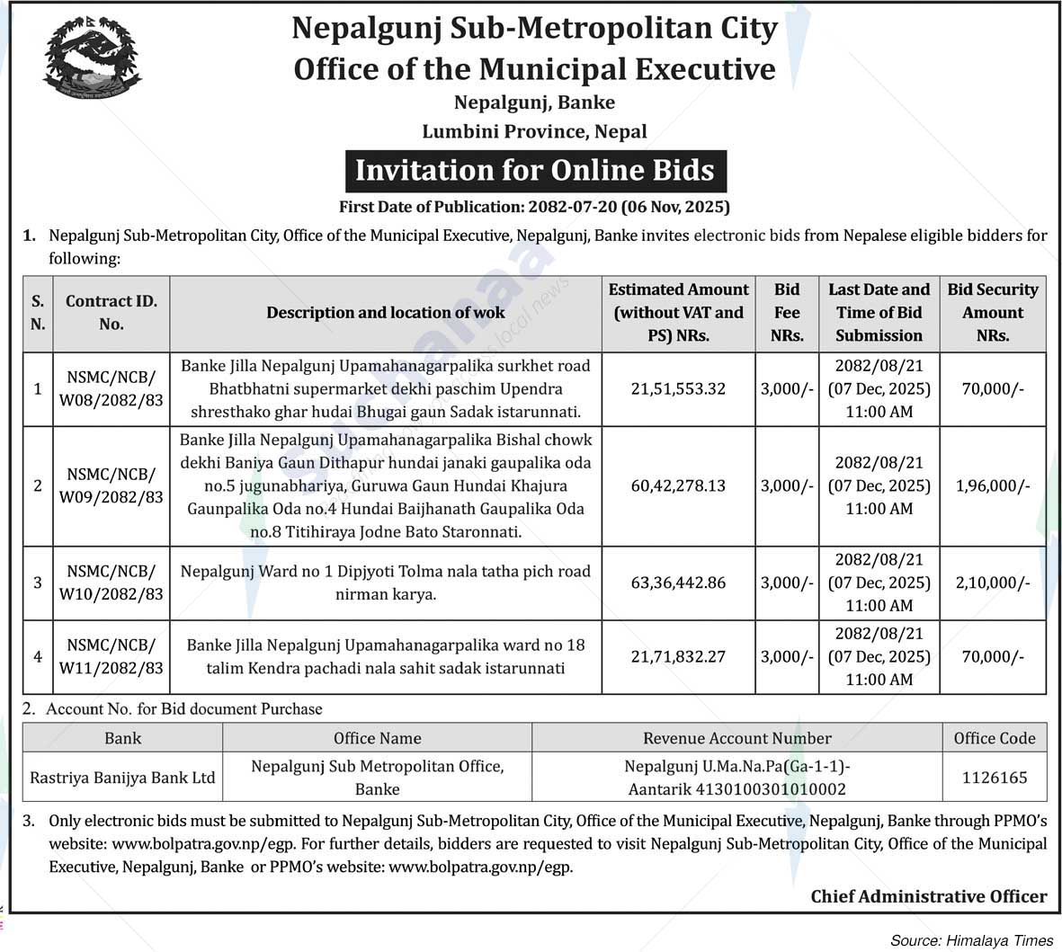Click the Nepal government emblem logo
coord(92,58)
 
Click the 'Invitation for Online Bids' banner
coord(535,171)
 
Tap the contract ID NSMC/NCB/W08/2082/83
coord(112,388)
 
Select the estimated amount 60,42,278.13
coord(678,485)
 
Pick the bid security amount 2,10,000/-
coord(993,583)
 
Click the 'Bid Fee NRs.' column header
coord(787,312)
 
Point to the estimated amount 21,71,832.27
coord(678,656)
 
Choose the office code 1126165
coord(994,778)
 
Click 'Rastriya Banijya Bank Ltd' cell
coord(122,778)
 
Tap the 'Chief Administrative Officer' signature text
coord(929,896)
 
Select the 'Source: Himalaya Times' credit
coord(971,940)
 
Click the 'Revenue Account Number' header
coord(736,738)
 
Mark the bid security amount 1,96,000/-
coord(993,485)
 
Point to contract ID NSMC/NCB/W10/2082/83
coord(112,583)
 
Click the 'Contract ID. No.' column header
coord(112,312)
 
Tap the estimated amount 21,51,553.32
coord(678,388)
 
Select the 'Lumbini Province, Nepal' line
coord(535,131)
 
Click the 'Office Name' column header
coord(377,738)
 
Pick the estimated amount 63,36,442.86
coord(678,583)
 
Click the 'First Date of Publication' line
coord(535,207)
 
